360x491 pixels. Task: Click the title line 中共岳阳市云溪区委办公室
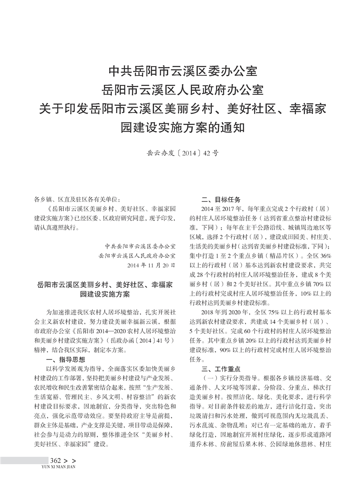pos(180,71)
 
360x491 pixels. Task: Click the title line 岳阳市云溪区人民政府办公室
pos(180,89)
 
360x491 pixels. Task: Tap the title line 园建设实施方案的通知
pos(180,128)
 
